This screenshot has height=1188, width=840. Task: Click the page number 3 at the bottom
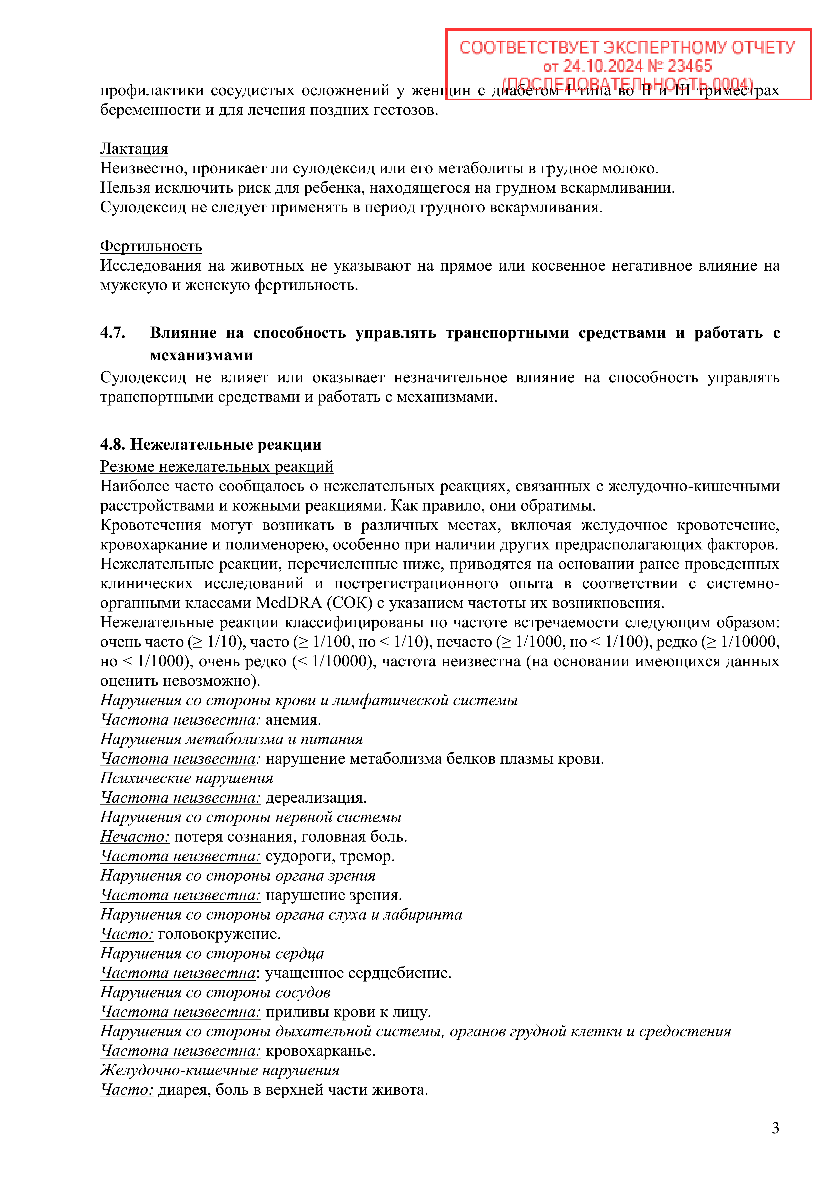tap(775, 1128)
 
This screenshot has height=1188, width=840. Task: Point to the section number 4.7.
tap(113, 333)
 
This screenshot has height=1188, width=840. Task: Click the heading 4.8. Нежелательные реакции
tap(211, 444)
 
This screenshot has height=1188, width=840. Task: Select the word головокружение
tap(219, 934)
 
